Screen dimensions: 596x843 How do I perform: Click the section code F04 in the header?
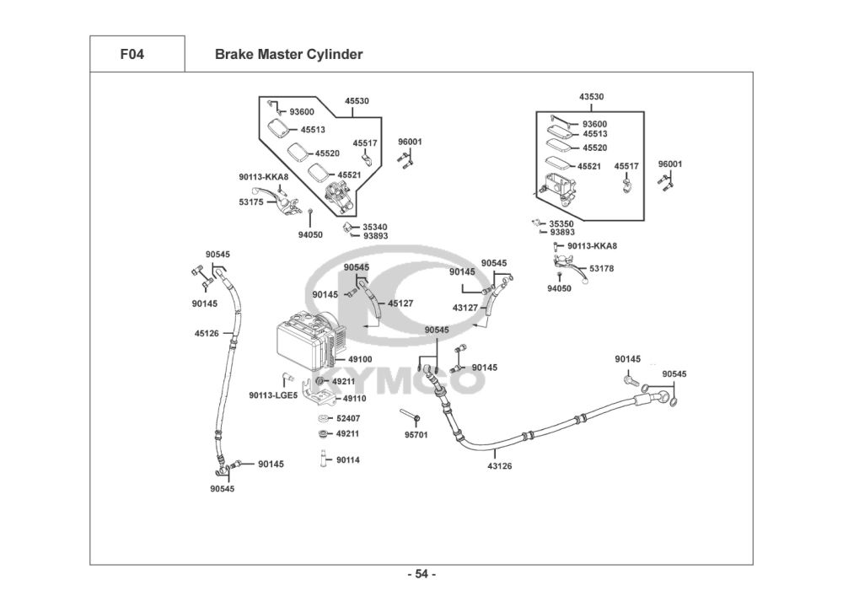coord(132,55)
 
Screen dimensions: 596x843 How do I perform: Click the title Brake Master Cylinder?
coord(288,55)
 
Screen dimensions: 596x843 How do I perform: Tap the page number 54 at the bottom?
coord(421,575)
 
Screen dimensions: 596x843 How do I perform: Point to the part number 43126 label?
coord(500,465)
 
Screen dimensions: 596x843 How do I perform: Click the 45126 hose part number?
coord(207,334)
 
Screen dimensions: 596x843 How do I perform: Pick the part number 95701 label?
coord(416,435)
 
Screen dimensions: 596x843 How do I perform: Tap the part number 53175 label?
coord(250,202)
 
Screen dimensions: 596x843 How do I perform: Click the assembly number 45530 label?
coord(357,101)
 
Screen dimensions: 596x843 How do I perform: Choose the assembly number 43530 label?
coord(591,97)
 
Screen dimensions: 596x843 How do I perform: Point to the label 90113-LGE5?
coord(273,395)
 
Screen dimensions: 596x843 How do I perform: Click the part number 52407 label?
coord(348,419)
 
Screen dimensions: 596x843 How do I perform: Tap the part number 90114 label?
coord(348,460)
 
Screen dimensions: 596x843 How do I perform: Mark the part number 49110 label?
coord(355,398)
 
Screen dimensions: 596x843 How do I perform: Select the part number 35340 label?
coord(375,227)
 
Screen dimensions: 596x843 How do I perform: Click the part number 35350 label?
coord(561,223)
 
